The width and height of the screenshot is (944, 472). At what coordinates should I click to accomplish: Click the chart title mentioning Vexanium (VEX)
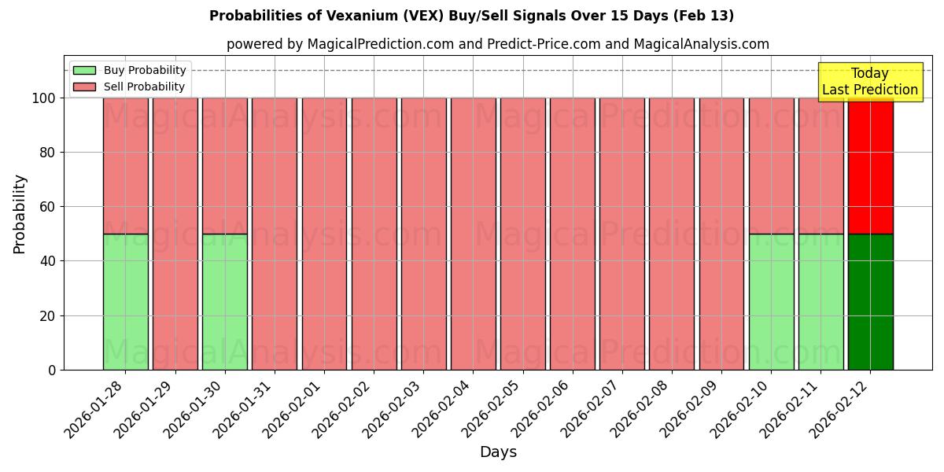(471, 16)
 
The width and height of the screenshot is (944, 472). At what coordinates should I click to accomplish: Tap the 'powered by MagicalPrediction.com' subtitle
(497, 44)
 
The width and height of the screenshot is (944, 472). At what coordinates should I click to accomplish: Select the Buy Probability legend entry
(130, 70)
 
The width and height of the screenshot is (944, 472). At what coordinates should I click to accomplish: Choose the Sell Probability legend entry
(130, 87)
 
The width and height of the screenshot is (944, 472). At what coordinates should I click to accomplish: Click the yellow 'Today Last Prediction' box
(869, 82)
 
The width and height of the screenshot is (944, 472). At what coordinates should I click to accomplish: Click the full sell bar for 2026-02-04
(474, 234)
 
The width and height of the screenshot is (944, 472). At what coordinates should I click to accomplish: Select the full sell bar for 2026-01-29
(175, 234)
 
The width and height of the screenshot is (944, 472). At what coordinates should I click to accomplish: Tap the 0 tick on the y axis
(53, 370)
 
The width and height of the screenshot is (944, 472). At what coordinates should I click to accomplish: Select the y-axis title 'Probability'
(20, 214)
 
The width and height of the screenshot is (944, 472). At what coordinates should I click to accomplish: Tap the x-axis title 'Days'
(498, 452)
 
